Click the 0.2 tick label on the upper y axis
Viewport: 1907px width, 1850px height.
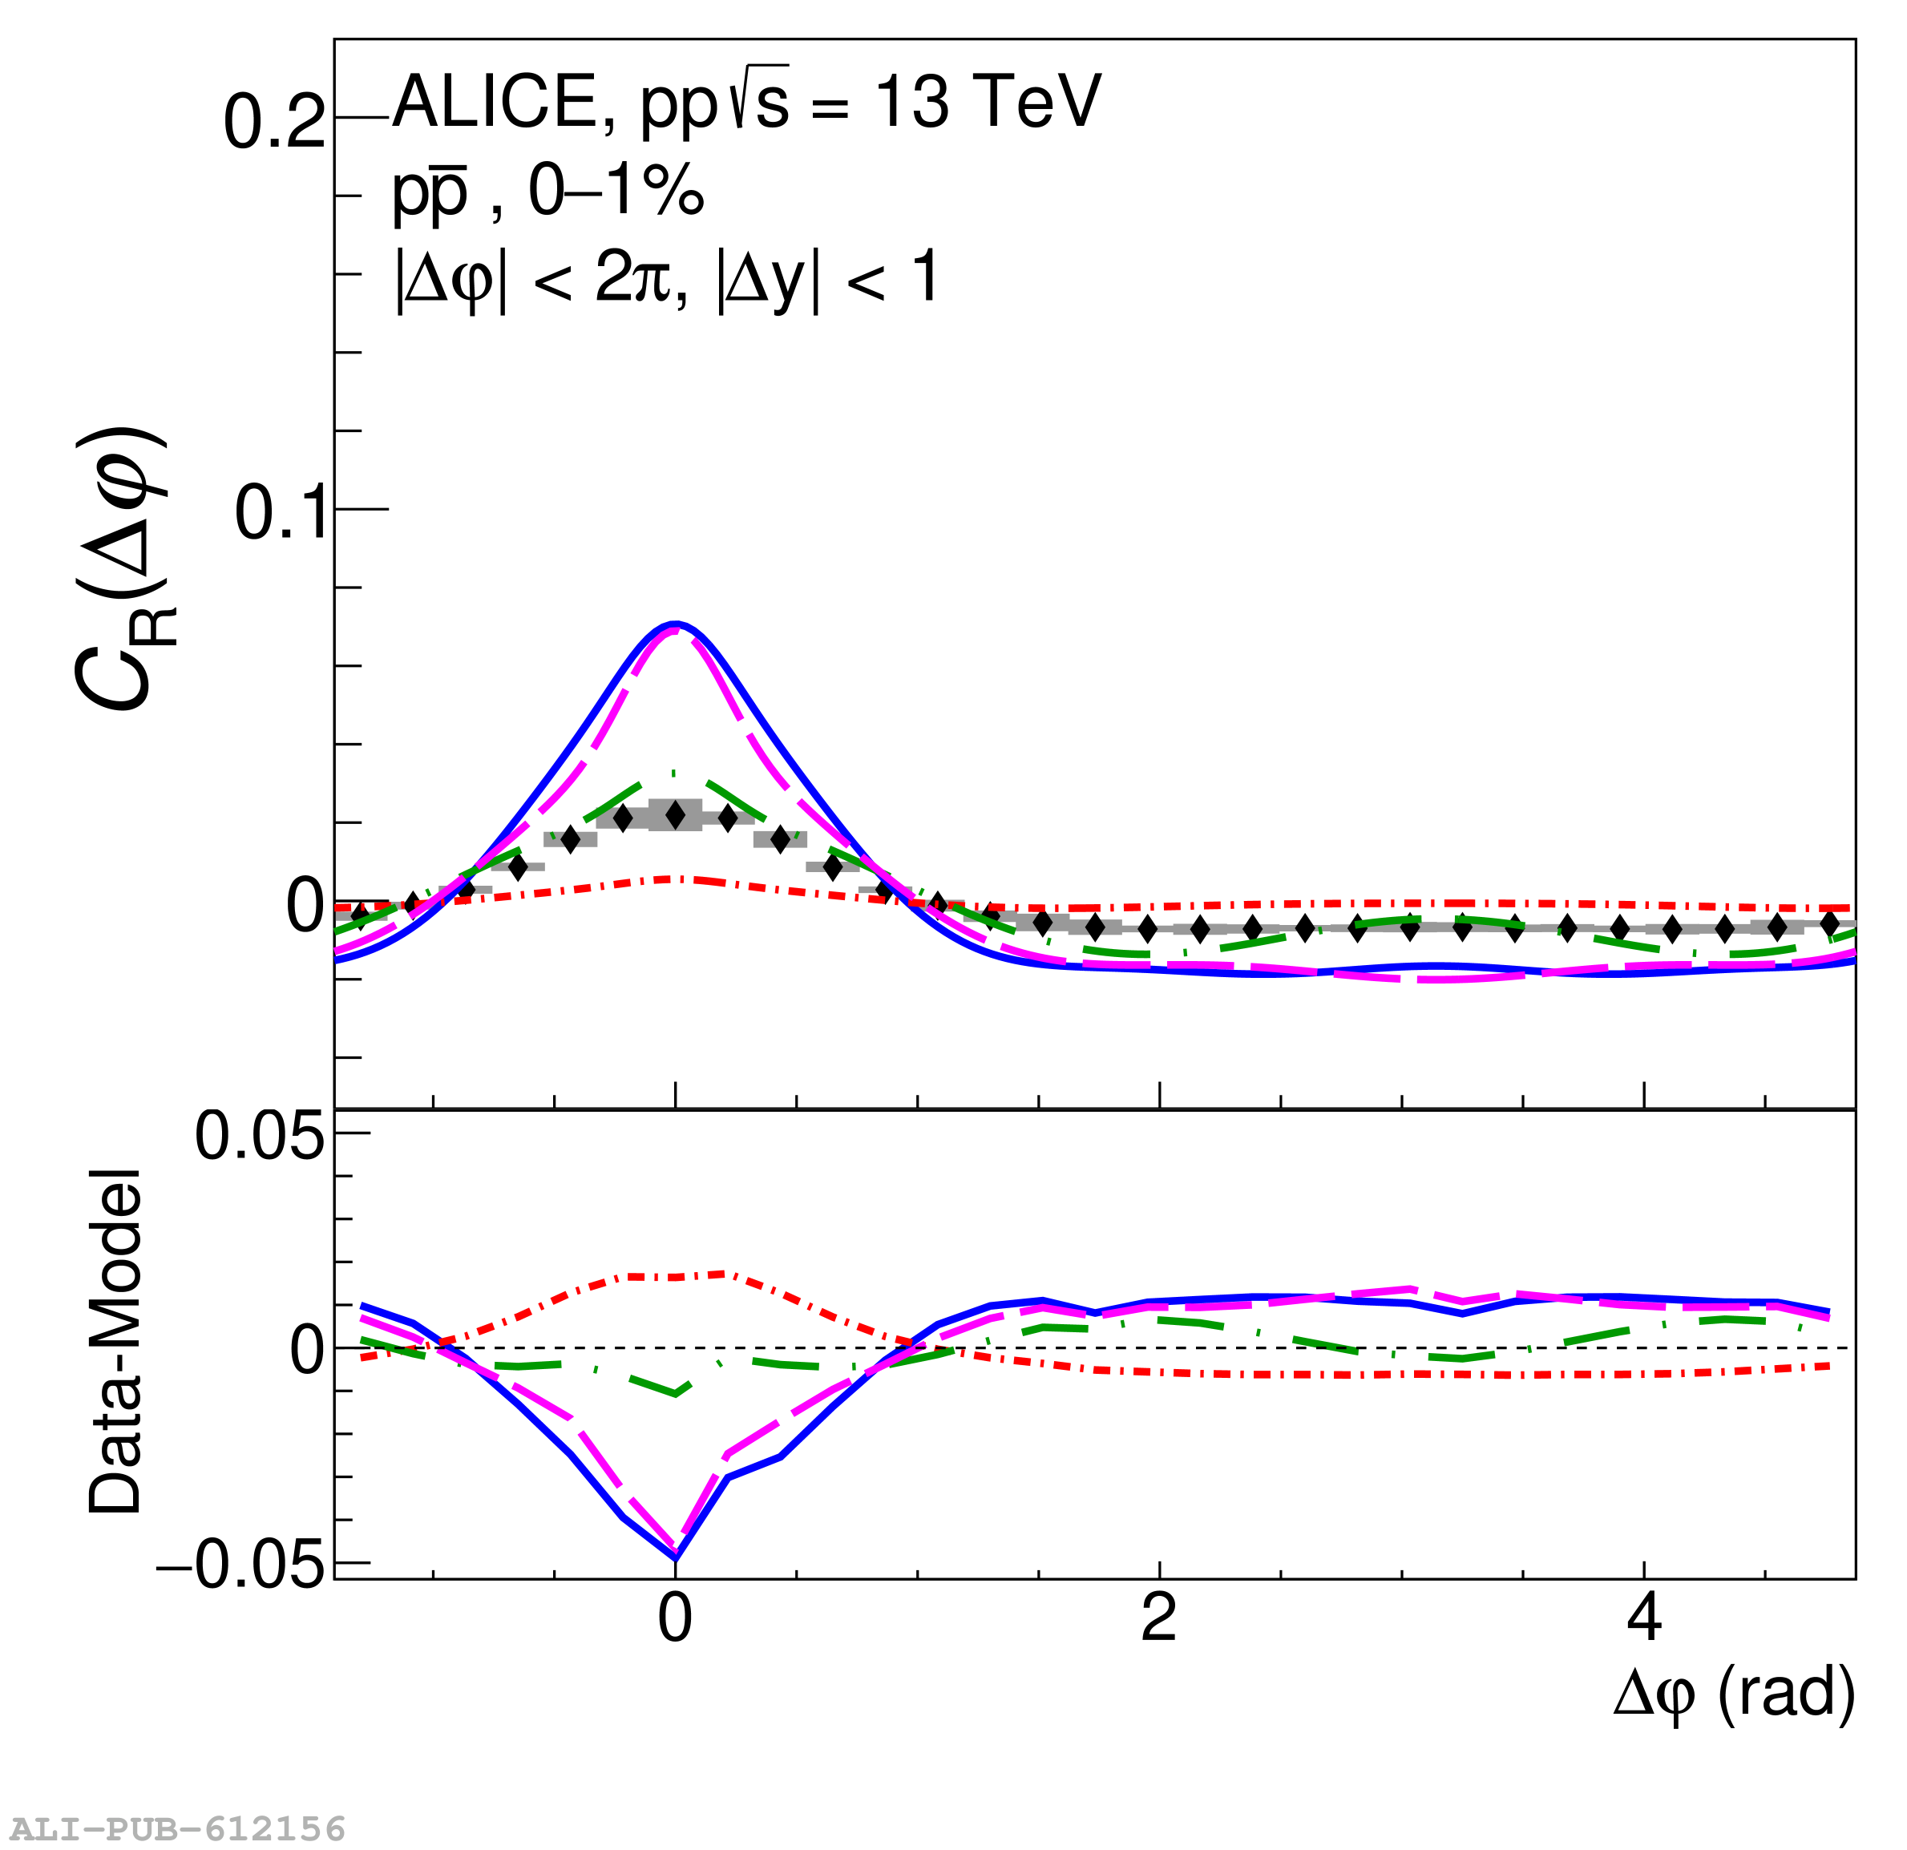(x=274, y=123)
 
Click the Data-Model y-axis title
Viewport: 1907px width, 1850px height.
(x=115, y=1343)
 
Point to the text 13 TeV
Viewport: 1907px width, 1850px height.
(x=988, y=102)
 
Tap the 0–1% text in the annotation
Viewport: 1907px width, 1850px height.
(x=615, y=190)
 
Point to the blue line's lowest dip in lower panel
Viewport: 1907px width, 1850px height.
(x=675, y=1558)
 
